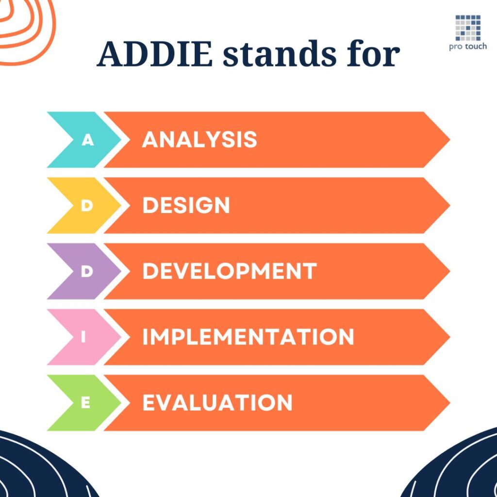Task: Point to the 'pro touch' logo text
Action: tap(468, 47)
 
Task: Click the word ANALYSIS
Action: tap(199, 140)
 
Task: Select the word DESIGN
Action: tap(186, 206)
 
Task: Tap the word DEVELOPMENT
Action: tap(229, 271)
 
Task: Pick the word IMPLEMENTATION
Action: tap(248, 337)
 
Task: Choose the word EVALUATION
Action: tap(217, 403)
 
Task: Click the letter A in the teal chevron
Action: tap(87, 140)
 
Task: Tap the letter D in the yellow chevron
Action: tap(87, 206)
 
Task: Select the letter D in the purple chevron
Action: tap(87, 271)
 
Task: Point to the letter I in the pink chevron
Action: tap(83, 337)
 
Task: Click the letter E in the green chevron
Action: tap(86, 403)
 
